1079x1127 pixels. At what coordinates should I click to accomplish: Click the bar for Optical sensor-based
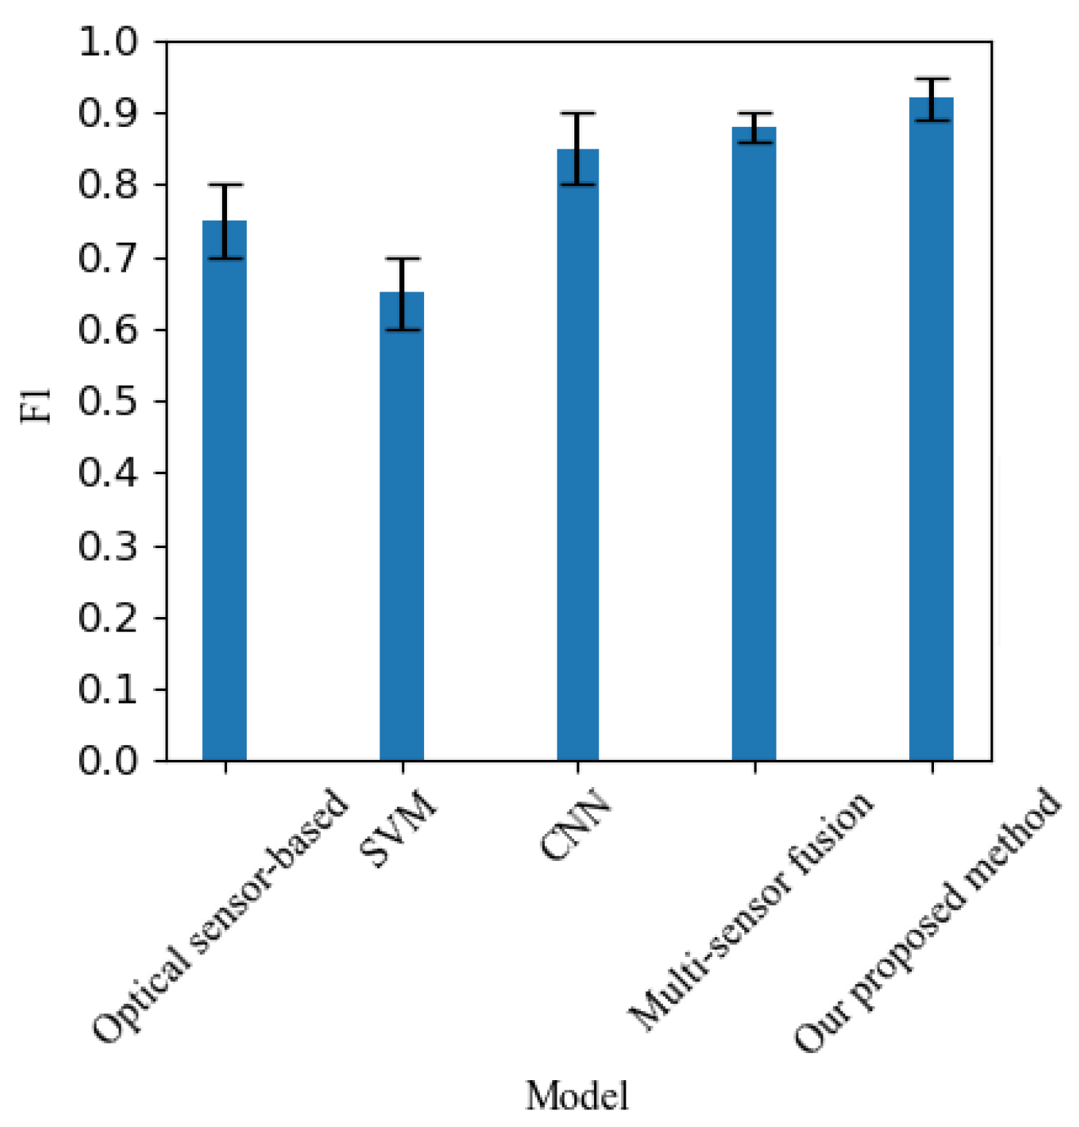pyautogui.click(x=224, y=491)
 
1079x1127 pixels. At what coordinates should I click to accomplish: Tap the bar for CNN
pyautogui.click(x=578, y=454)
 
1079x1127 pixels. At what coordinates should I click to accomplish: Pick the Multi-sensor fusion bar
pyautogui.click(x=754, y=444)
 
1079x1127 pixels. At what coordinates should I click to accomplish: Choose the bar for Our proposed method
pyautogui.click(x=931, y=429)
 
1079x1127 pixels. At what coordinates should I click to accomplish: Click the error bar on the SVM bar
pyautogui.click(x=402, y=294)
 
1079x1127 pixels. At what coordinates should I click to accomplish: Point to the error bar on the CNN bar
pyautogui.click(x=578, y=149)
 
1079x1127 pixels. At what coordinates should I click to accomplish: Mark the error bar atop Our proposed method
pyautogui.click(x=932, y=99)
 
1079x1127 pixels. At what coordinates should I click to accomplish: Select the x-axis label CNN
pyautogui.click(x=576, y=824)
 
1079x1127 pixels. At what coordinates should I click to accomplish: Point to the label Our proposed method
pyautogui.click(x=927, y=920)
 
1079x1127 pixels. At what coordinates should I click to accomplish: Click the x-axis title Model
pyautogui.click(x=577, y=1096)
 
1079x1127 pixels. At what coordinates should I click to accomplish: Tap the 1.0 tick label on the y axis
pyautogui.click(x=108, y=43)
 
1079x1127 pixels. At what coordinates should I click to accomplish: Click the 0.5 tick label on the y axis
pyautogui.click(x=108, y=402)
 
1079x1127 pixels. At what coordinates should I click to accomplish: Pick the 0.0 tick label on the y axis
pyautogui.click(x=108, y=761)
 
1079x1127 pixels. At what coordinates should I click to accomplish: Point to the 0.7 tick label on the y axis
pyautogui.click(x=108, y=259)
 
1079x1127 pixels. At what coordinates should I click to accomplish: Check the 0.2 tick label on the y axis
pyautogui.click(x=108, y=618)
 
